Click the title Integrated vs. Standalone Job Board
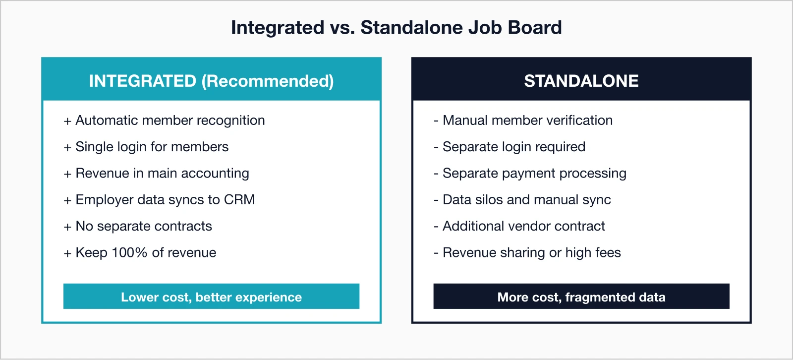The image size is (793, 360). pyautogui.click(x=396, y=28)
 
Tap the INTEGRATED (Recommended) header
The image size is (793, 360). pyautogui.click(x=211, y=81)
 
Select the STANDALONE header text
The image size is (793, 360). pyautogui.click(x=581, y=81)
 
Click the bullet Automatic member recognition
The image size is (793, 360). pyautogui.click(x=170, y=120)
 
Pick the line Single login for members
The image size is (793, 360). pyautogui.click(x=152, y=147)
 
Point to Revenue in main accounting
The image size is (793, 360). pyautogui.click(x=162, y=173)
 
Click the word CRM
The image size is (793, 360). pyautogui.click(x=239, y=199)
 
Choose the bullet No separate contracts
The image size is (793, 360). pyautogui.click(x=144, y=226)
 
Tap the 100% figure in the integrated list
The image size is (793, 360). pyautogui.click(x=129, y=252)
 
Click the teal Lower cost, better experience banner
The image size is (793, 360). pyautogui.click(x=211, y=297)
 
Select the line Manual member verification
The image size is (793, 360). pyautogui.click(x=527, y=120)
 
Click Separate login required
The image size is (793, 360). pyautogui.click(x=513, y=147)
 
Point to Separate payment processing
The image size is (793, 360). pyautogui.click(x=534, y=173)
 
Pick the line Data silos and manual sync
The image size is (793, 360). pyautogui.click(x=526, y=199)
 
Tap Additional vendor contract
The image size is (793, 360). pyautogui.click(x=523, y=226)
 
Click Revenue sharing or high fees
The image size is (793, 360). pyautogui.click(x=531, y=252)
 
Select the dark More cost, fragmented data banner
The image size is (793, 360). pyautogui.click(x=581, y=297)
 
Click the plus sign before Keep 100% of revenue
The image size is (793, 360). pyautogui.click(x=67, y=253)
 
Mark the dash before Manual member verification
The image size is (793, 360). pyautogui.click(x=436, y=121)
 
